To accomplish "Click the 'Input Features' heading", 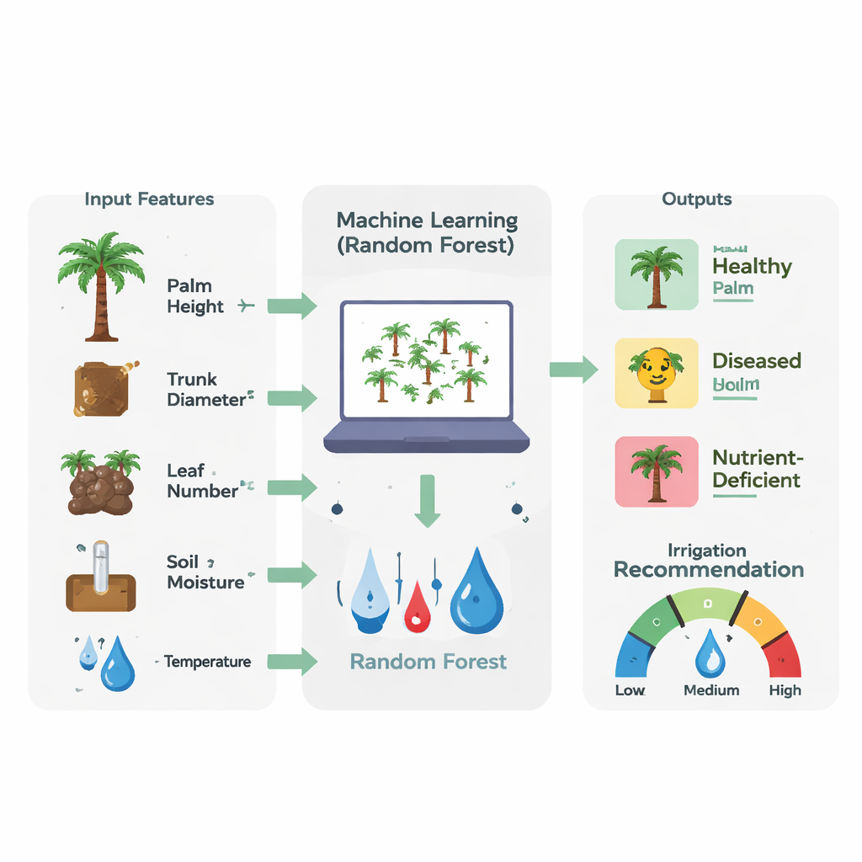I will (x=149, y=200).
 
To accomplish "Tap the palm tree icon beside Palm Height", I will (x=101, y=286).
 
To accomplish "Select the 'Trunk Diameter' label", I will (x=205, y=389).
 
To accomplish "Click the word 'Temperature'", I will (x=207, y=662).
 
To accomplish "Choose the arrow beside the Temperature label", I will (x=291, y=662).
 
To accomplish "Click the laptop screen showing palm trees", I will (x=426, y=360).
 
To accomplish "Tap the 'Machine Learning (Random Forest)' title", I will (x=427, y=232).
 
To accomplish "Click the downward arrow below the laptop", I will (x=428, y=502).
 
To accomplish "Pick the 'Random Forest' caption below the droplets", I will (x=428, y=662).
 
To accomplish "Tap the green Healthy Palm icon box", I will (x=657, y=274).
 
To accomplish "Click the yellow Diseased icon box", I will (x=657, y=373).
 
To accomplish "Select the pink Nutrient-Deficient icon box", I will (x=657, y=471).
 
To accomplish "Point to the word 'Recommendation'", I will (x=708, y=570).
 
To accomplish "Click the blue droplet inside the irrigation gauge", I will (x=710, y=653).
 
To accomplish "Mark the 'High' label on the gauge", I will (x=785, y=690).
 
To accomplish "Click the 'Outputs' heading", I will (x=696, y=200).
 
